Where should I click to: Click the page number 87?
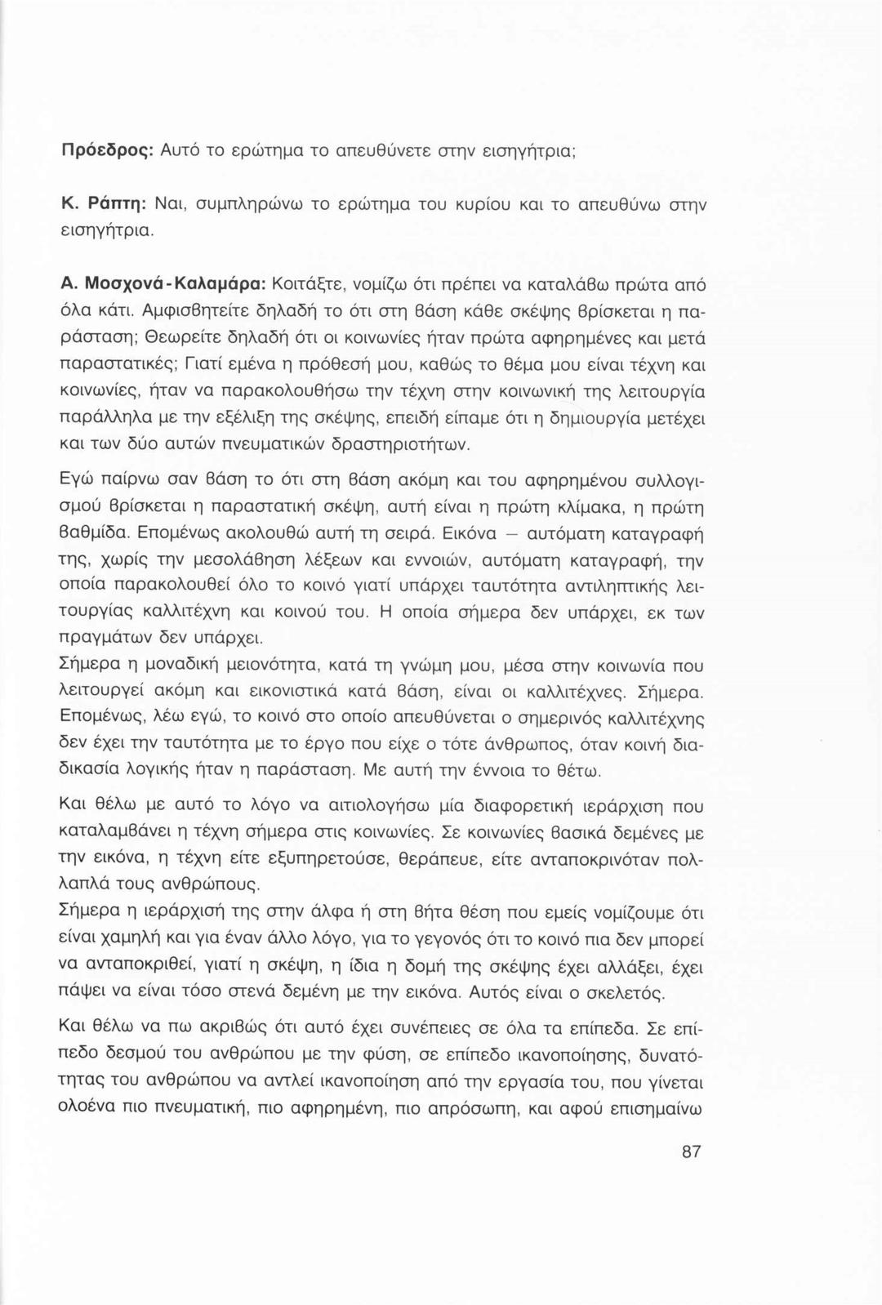[x=691, y=1151]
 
